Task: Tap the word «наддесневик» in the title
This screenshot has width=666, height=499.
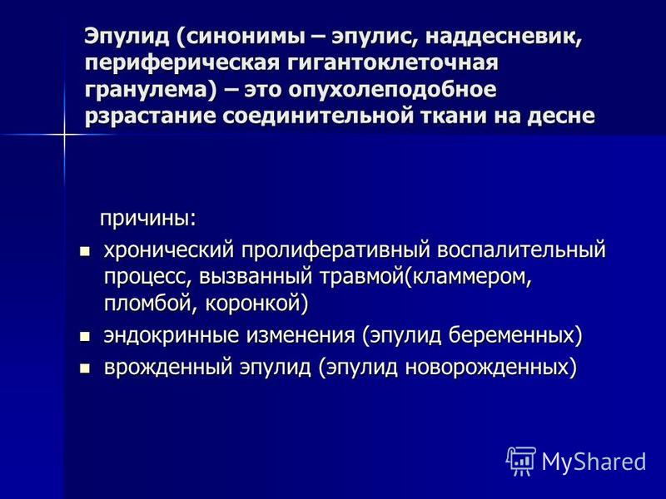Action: coord(503,37)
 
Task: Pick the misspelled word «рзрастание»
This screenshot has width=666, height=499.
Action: coord(151,116)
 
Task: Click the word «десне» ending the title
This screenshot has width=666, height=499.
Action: coord(560,116)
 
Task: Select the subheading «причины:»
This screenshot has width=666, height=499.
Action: coord(148,220)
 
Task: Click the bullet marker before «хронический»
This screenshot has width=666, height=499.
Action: coord(85,251)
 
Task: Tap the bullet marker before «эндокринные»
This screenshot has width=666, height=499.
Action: coord(85,337)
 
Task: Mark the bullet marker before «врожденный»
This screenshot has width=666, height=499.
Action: coord(85,368)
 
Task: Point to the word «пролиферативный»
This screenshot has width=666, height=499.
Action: coord(336,250)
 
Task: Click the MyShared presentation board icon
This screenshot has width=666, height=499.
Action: coord(521,461)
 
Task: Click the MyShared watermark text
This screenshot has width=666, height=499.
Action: coord(594,462)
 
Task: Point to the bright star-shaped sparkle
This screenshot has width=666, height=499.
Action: coord(65,135)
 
